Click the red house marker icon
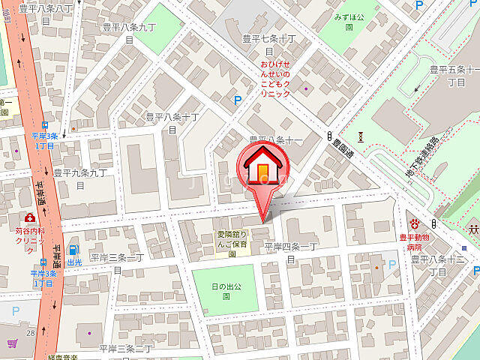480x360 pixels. pos(262,166)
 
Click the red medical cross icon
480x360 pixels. pos(29,217)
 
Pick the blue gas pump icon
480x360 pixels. pos(73,250)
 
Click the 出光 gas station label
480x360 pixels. pos(73,263)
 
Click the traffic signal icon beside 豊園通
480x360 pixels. pos(329,136)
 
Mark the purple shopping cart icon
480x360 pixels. pos(12,343)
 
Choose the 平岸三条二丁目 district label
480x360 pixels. pos(125,349)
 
